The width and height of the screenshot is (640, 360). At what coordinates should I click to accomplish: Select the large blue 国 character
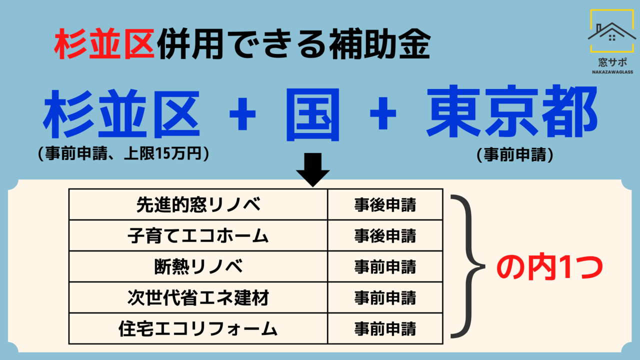pos(313,114)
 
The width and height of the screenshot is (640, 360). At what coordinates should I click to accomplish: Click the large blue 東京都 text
pos(512,111)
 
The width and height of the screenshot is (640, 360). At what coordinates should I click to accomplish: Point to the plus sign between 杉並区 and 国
pos(242,113)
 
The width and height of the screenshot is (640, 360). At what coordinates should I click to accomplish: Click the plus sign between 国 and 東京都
pos(383,113)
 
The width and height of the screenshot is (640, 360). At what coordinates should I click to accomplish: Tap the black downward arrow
pos(313,169)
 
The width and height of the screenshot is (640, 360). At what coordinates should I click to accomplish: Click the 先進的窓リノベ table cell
pos(198,204)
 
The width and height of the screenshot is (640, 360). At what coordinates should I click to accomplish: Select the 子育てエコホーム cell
pos(198,235)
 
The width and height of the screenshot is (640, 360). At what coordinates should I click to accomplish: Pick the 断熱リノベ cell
pos(198,266)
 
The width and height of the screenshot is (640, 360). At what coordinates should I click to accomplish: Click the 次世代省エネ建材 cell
pos(198,297)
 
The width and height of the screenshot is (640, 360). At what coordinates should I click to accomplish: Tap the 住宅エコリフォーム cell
pos(198,328)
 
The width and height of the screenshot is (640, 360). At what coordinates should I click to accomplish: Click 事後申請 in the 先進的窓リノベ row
pos(385,205)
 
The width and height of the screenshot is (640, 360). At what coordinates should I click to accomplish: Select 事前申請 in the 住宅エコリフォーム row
pos(385,329)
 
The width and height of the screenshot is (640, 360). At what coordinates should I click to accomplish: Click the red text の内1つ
pos(549,268)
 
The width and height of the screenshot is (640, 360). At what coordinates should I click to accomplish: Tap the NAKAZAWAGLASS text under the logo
pos(612,72)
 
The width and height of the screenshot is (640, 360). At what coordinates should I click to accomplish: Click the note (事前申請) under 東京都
pos(515,154)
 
